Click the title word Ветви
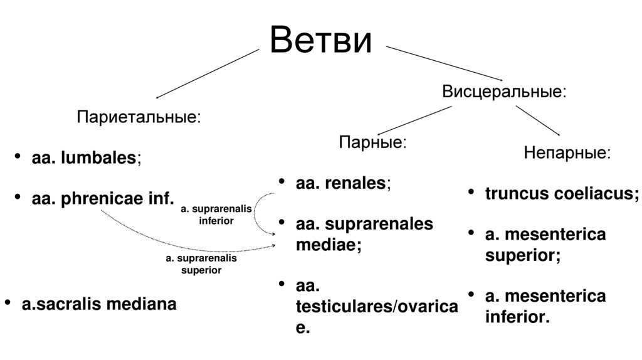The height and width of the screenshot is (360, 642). tap(320, 41)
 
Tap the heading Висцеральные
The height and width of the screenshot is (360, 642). tap(505, 92)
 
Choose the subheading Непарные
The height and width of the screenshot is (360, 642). tap(566, 152)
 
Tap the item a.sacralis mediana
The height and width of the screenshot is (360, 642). tap(99, 304)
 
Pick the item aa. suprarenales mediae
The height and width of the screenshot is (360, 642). tap(364, 233)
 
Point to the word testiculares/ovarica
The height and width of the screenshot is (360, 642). tap(376, 307)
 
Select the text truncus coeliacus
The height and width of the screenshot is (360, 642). tap(562, 194)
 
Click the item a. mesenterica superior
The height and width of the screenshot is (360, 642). tap(545, 245)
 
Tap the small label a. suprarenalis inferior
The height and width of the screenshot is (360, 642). tap(216, 214)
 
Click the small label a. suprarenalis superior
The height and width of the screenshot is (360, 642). tap(201, 264)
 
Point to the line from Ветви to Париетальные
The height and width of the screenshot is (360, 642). tap(207, 74)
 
